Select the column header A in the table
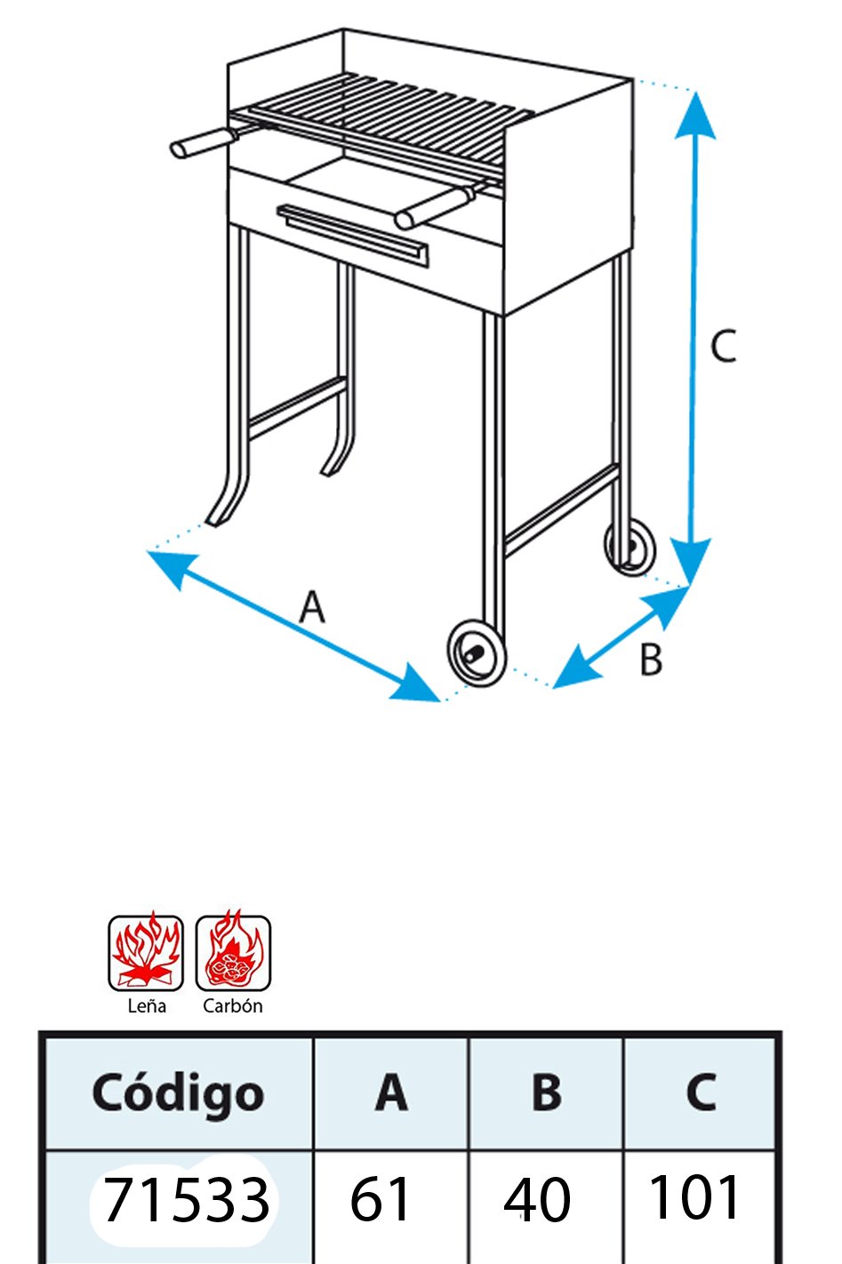coord(390,1092)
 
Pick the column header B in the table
coord(546,1092)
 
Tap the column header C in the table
coord(701,1092)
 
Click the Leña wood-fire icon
coord(146,953)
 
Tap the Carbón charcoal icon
coord(233,953)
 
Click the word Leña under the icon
coord(147,1006)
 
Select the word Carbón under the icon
coord(233,1006)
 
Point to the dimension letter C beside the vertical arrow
coord(723,346)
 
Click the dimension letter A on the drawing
coord(312,606)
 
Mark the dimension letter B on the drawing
coord(651,659)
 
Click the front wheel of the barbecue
coord(477,654)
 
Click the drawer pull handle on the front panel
coord(351,235)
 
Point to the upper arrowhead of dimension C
coord(695,116)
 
